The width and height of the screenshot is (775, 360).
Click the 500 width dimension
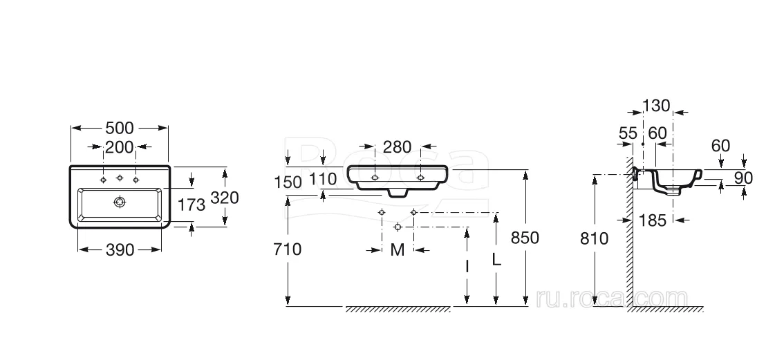(120, 129)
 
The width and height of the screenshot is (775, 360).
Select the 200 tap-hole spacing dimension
(120, 147)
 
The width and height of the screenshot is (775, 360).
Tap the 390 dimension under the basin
(120, 250)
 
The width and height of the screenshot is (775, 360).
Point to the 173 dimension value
(192, 204)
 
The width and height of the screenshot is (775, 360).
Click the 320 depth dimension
(225, 198)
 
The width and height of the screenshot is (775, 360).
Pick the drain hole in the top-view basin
(120, 202)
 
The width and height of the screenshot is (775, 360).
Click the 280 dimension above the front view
(398, 146)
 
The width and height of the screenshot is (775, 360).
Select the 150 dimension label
(288, 182)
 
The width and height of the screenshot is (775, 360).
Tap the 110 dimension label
(324, 179)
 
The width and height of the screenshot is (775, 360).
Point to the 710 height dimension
(287, 249)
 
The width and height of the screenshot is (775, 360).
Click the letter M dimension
(398, 250)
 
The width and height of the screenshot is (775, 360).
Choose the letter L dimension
(496, 259)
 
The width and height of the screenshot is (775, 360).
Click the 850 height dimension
(525, 238)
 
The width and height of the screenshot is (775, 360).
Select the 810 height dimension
(594, 239)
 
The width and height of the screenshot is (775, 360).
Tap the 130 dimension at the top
(656, 106)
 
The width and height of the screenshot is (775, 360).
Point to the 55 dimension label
(627, 133)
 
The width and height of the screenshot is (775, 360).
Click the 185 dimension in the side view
(653, 220)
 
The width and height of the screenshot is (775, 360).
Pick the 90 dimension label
(743, 178)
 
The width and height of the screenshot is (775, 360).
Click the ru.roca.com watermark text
(611, 299)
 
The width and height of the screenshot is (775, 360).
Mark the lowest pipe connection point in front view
(398, 227)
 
